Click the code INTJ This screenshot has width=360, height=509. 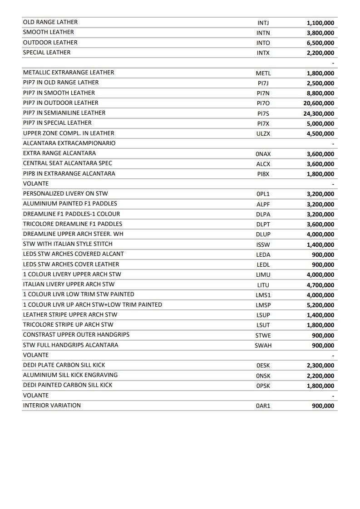263,23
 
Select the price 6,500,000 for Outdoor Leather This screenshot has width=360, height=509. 320,43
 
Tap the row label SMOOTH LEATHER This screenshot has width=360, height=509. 48,32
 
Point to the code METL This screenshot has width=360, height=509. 263,73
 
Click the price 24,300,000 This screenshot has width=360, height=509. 319,113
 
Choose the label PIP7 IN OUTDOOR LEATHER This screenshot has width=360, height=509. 60,103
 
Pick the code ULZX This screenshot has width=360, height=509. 263,134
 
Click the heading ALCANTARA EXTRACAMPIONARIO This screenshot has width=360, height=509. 69,143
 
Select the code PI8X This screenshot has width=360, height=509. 263,174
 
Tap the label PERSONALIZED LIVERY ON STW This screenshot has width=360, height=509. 65,194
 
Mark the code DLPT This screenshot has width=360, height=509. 263,224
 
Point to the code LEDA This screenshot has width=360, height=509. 263,254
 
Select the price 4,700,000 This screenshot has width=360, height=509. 320,285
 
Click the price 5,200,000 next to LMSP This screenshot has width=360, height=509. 320,305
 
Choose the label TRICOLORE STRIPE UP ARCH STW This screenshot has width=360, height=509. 68,325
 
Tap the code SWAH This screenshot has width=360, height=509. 263,345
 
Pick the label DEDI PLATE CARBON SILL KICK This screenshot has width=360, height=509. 64,365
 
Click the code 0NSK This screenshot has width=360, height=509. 263,376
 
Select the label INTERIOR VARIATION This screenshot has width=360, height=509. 52,406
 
